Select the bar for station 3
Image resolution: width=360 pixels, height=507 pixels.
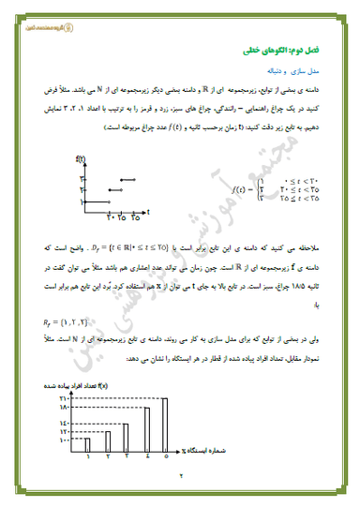127,423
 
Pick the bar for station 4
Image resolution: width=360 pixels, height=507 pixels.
147,417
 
